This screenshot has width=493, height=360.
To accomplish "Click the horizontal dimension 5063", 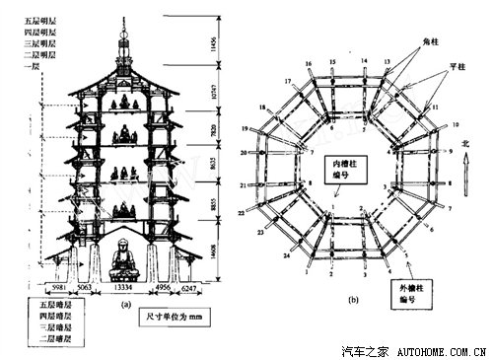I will coord(84,289).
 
